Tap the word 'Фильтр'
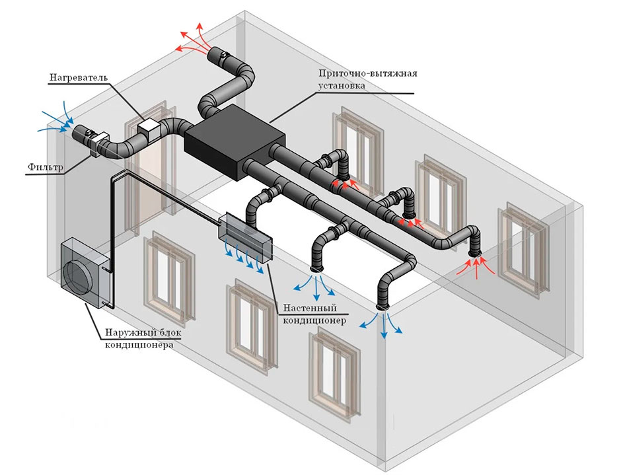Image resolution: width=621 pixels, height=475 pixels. click(46, 168)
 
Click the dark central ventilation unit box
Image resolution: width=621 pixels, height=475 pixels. click(234, 141)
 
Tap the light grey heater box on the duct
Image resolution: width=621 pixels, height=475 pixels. click(150, 127)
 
